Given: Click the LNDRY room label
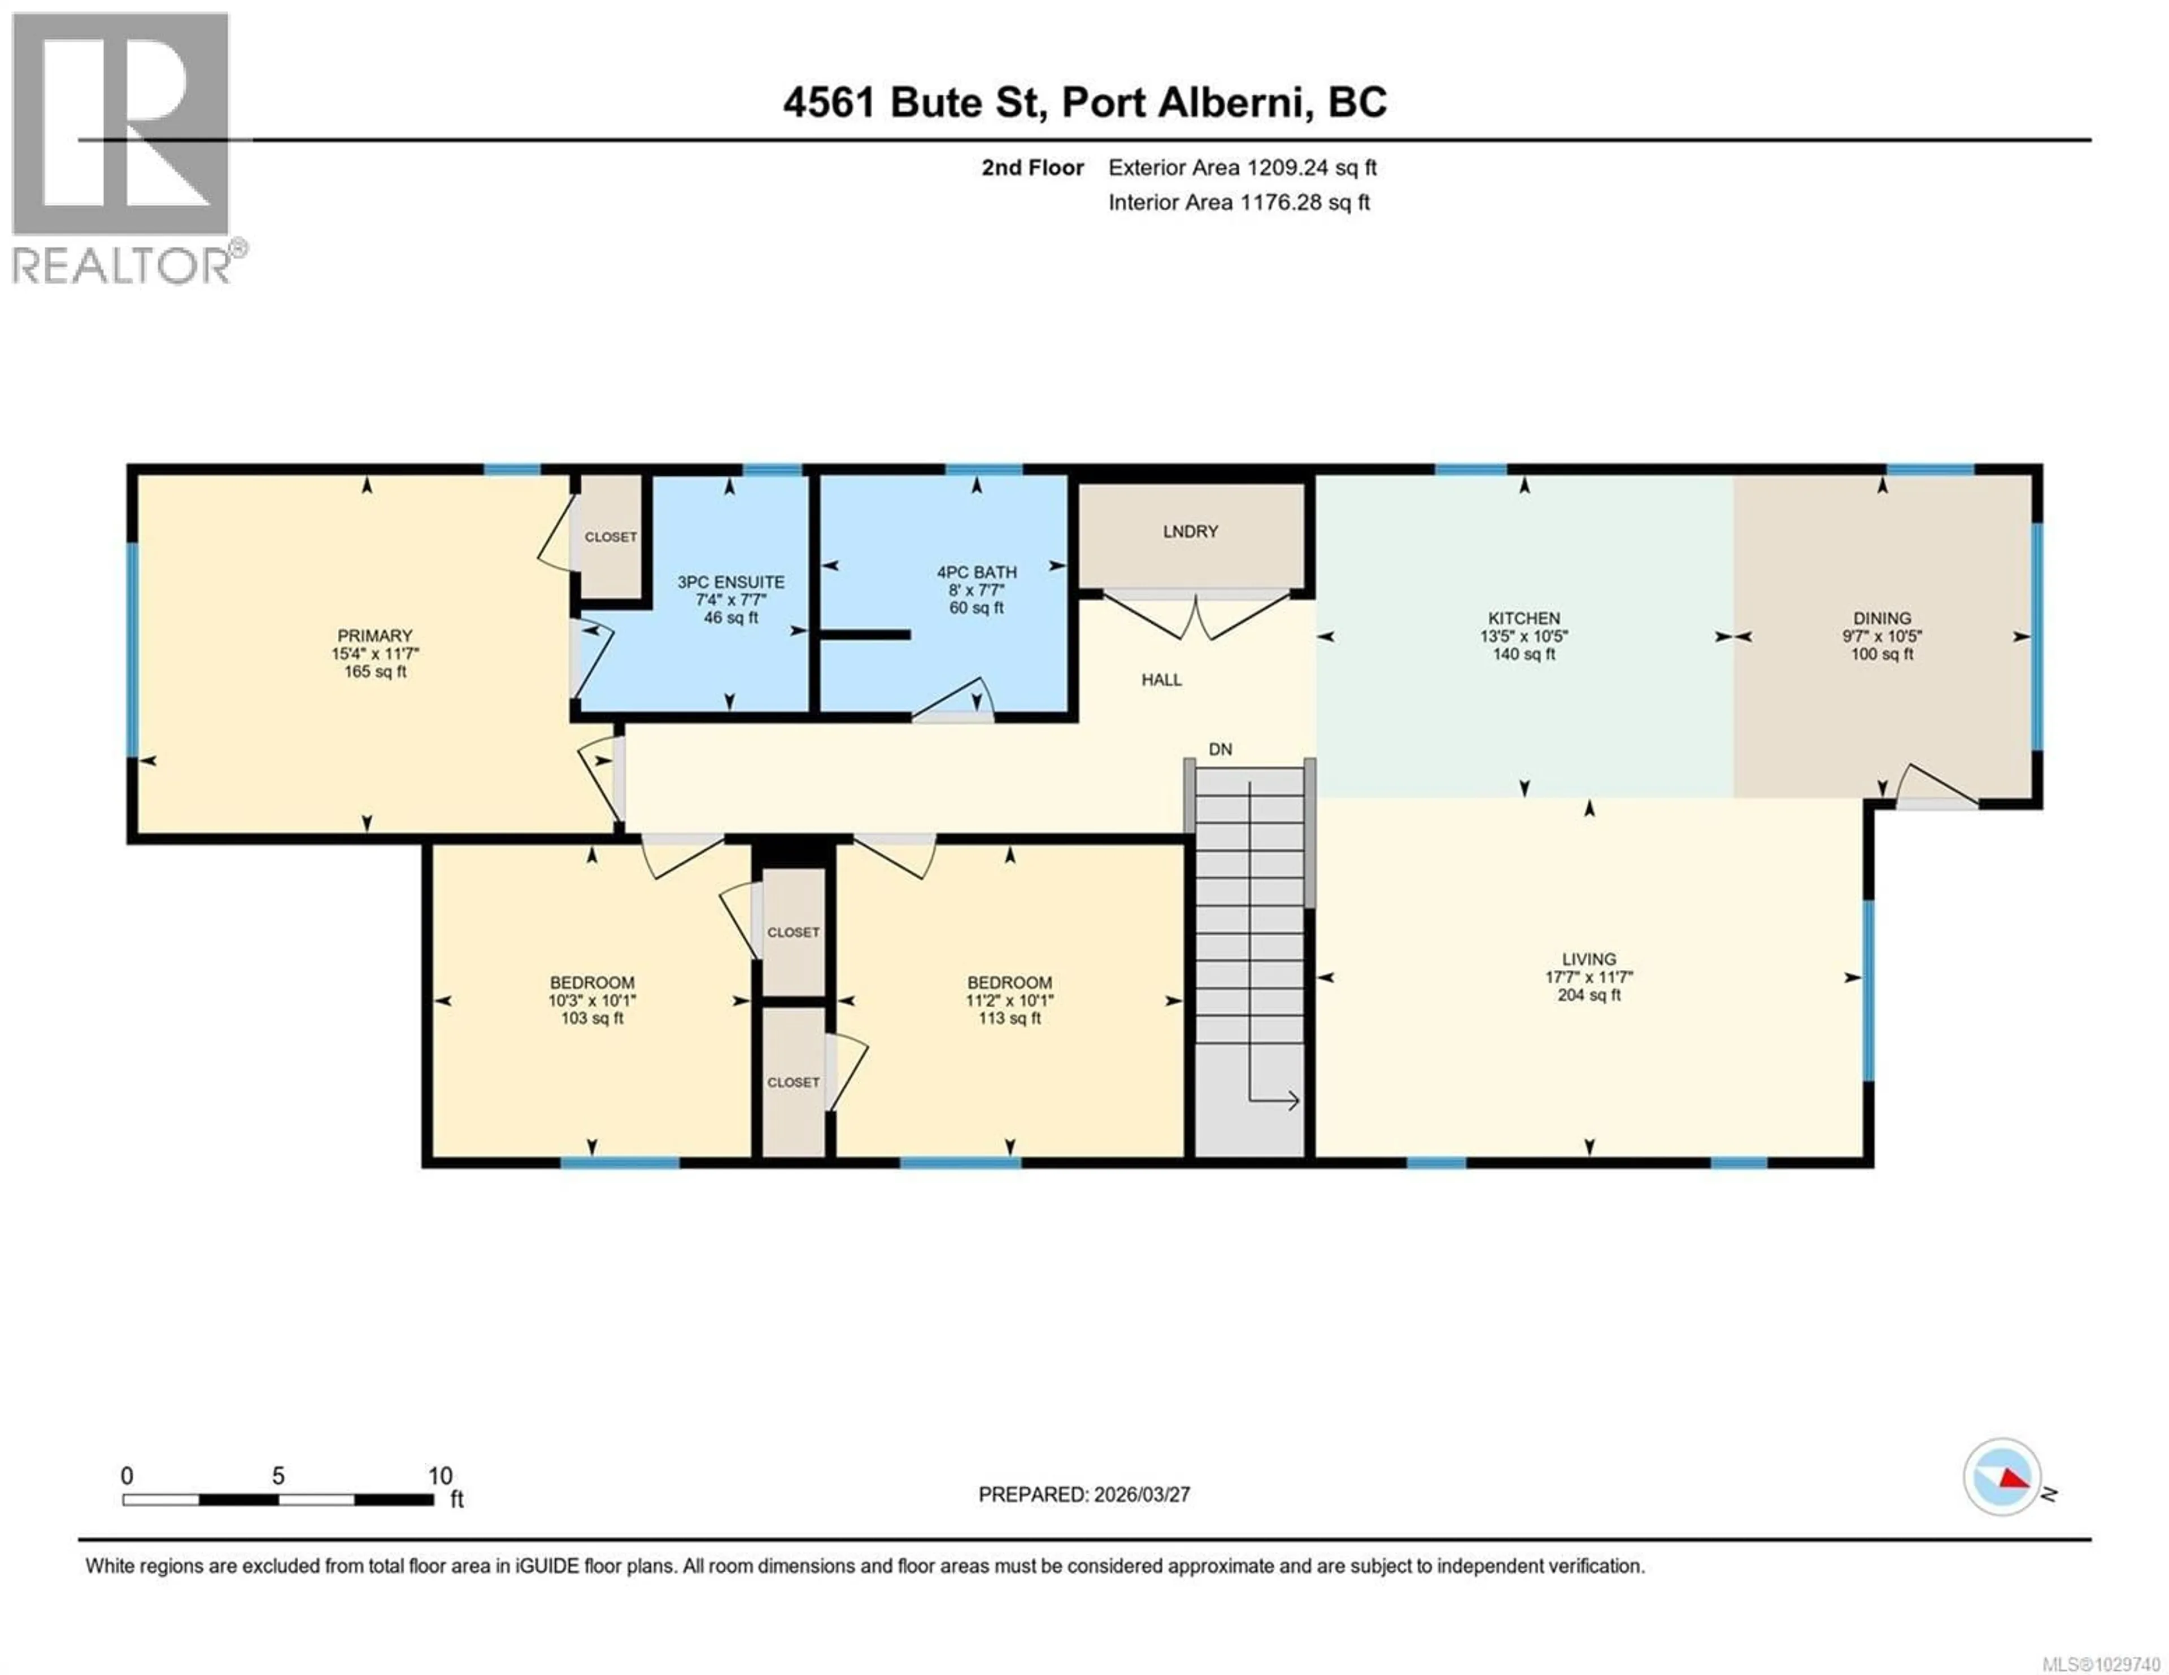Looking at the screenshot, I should coord(1190,531).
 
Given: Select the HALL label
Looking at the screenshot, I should coord(1161,680).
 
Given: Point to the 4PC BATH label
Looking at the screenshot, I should coord(976,572).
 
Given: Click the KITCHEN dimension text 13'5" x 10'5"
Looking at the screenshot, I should coord(1523,636).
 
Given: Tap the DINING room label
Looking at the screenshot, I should coord(1881,618).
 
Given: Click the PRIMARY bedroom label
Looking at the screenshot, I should coord(374,636).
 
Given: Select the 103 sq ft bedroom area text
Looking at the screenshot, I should coord(592,1018).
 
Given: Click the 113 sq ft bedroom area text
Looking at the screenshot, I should coord(1009,1018).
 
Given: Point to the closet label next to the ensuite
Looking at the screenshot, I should coord(610,537).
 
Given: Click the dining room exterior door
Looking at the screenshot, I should coord(1937,789).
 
